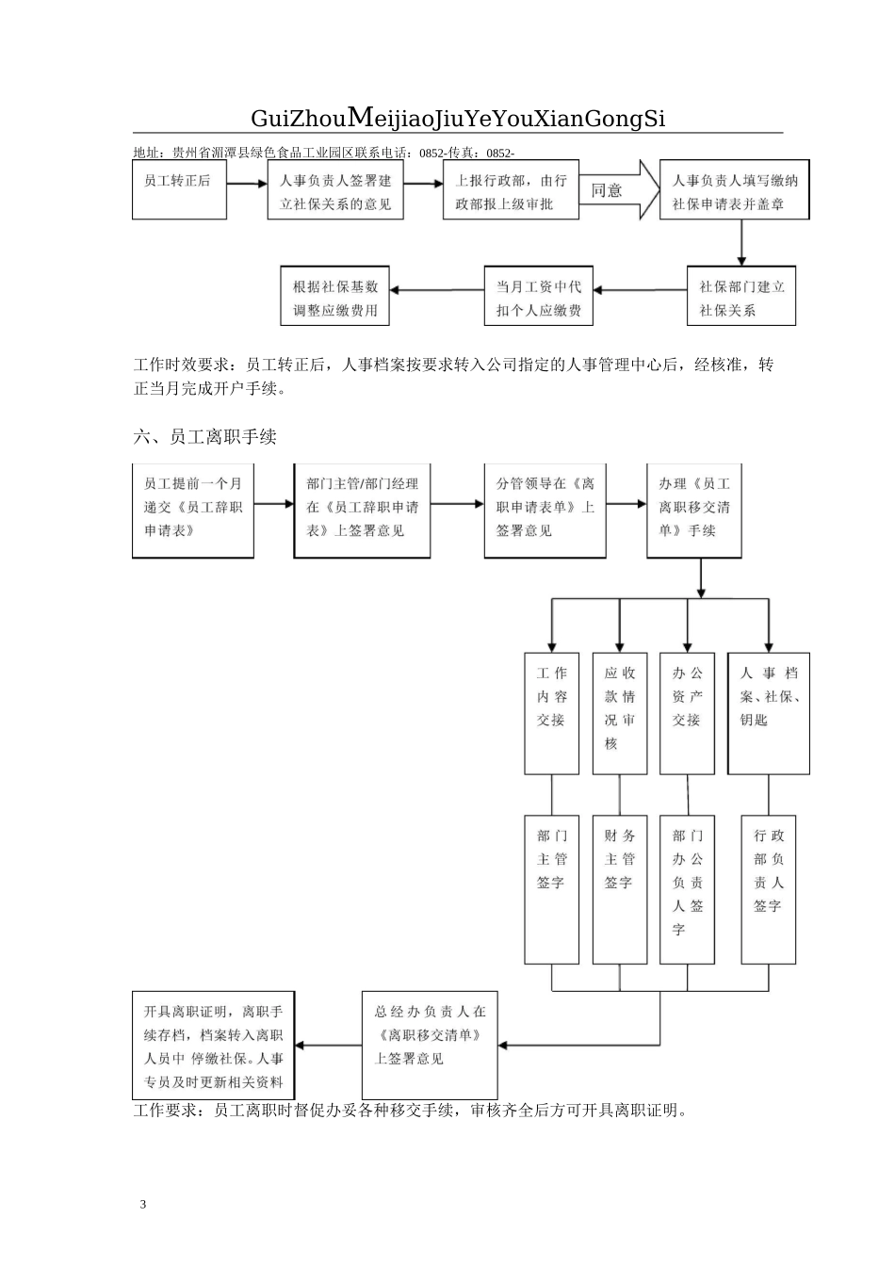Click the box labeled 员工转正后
[179, 190]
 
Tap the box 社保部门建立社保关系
[740, 297]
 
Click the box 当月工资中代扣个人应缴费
[538, 297]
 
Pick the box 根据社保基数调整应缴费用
[334, 297]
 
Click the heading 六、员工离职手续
[204, 436]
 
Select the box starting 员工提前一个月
[193, 510]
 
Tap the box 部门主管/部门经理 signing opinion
[362, 510]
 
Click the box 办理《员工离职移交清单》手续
[694, 510]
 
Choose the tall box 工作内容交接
[551, 713]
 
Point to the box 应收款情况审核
[620, 713]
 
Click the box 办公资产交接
[687, 713]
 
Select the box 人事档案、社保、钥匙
[768, 713]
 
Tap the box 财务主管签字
[620, 888]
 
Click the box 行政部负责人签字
[768, 888]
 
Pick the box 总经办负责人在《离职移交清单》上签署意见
[430, 1044]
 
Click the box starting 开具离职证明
[214, 1044]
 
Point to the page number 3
[142, 1204]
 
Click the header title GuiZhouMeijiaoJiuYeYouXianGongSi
[458, 118]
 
